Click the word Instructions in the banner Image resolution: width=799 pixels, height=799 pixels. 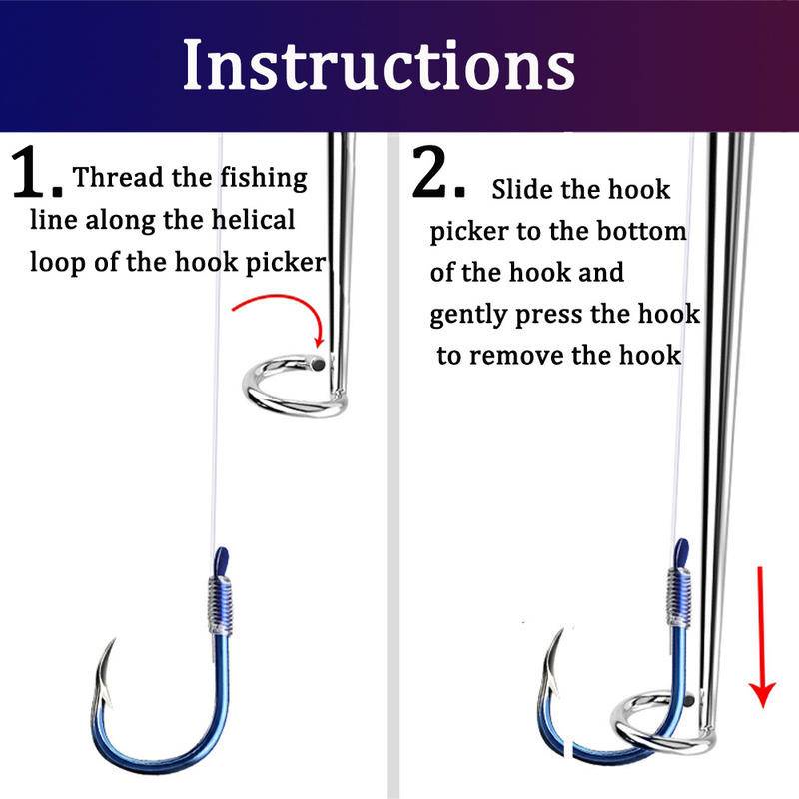pyautogui.click(x=380, y=65)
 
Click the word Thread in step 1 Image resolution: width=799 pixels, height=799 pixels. pyautogui.click(x=119, y=178)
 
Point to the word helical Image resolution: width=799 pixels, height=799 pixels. pyautogui.click(x=253, y=220)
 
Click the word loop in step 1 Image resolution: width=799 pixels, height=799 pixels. pyautogui.click(x=57, y=263)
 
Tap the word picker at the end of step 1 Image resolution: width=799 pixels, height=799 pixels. pyautogui.click(x=286, y=263)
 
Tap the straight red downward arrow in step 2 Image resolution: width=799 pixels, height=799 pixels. pyautogui.click(x=761, y=637)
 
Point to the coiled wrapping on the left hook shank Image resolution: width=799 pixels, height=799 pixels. pyautogui.click(x=220, y=605)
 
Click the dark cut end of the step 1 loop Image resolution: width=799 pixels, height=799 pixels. pyautogui.click(x=318, y=364)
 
